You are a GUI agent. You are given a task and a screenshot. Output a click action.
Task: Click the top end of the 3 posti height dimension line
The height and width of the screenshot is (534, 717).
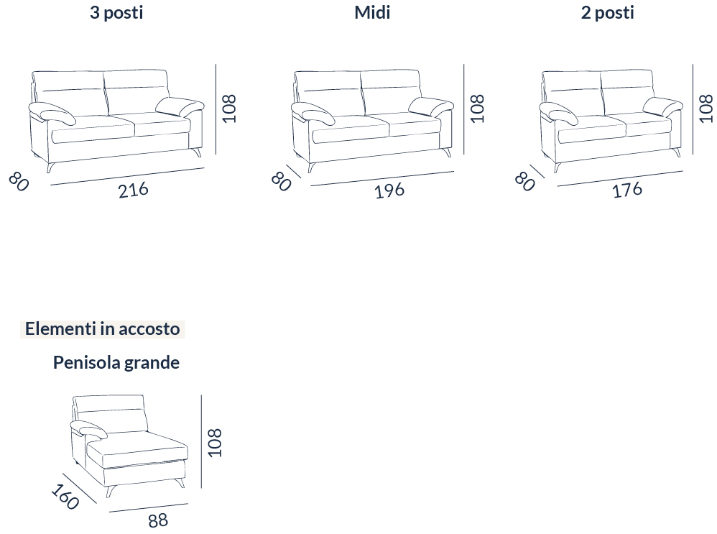[216, 64]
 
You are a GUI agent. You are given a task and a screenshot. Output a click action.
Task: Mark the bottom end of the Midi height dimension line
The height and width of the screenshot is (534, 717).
[463, 154]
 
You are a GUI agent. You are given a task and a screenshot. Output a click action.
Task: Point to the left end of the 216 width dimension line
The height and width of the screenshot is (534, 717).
[51, 185]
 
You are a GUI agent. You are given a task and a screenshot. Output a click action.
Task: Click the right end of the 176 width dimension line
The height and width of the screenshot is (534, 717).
[683, 171]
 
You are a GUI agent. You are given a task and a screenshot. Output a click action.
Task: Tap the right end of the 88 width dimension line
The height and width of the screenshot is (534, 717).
[188, 504]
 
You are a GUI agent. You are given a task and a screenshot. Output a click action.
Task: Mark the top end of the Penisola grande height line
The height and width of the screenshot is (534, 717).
[201, 395]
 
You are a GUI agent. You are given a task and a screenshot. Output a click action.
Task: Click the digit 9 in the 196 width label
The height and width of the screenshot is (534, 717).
[389, 191]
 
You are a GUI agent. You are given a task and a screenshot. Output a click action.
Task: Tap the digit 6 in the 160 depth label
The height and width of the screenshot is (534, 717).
[64, 497]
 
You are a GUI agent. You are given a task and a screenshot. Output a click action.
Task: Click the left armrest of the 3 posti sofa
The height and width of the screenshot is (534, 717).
[52, 114]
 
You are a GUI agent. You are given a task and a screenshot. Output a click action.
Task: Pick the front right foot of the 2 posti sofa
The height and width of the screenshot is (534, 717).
[676, 152]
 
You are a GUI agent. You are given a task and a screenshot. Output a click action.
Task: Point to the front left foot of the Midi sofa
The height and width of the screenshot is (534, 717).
[312, 167]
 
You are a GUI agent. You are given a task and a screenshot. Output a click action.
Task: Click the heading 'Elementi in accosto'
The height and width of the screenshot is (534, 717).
[103, 329]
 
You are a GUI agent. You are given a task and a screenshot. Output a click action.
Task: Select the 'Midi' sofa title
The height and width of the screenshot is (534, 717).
[372, 12]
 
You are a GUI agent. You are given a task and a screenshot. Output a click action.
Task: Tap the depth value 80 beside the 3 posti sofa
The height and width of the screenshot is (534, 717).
[19, 182]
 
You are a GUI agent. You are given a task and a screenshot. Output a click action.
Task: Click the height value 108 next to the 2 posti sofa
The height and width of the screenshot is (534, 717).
[706, 109]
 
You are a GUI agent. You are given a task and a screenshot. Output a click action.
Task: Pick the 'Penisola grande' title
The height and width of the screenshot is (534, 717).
[116, 362]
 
